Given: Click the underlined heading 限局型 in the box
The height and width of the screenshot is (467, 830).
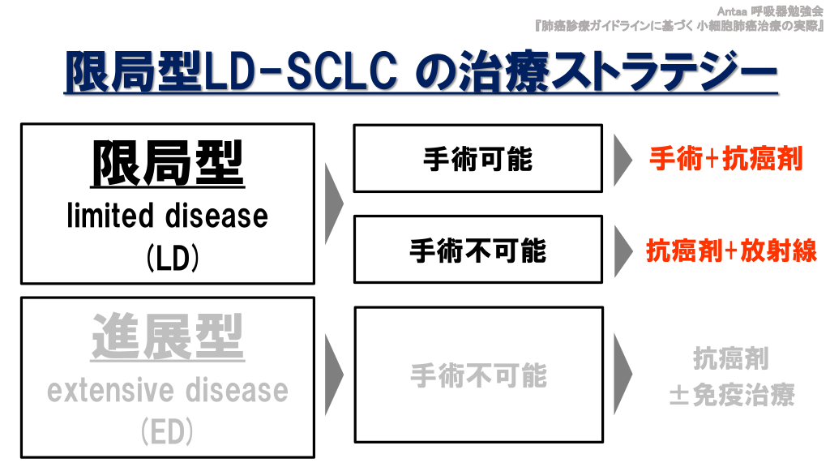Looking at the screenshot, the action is click(x=167, y=164).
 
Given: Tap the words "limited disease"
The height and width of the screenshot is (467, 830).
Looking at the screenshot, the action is click(x=167, y=216).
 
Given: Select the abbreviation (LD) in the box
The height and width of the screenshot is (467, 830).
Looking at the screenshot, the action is click(x=173, y=259).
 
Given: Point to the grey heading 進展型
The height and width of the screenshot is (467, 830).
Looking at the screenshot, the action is click(x=167, y=337).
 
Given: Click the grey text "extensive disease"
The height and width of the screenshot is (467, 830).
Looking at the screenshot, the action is click(x=167, y=390).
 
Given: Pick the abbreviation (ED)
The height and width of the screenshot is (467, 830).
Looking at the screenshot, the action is click(x=167, y=431).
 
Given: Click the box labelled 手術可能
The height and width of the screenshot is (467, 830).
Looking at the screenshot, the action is click(x=478, y=158).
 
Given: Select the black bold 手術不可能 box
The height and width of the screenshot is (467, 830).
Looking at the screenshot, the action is click(x=478, y=250).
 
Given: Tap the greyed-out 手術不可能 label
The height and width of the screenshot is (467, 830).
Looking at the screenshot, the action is click(x=478, y=375).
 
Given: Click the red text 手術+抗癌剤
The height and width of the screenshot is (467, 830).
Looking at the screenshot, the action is click(x=726, y=158).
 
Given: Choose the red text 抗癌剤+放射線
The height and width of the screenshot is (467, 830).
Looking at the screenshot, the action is click(x=732, y=251).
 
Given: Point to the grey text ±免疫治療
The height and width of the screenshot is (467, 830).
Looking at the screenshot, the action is click(x=732, y=395).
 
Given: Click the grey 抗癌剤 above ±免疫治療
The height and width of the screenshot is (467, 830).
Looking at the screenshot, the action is click(x=731, y=359).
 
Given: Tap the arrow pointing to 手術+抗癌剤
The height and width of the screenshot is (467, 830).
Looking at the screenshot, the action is click(x=622, y=160).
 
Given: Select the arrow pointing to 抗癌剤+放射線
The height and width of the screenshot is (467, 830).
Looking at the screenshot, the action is click(x=623, y=251).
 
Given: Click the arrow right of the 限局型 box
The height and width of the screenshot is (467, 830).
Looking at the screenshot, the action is click(x=333, y=204).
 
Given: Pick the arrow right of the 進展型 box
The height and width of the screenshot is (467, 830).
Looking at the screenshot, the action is click(x=333, y=375).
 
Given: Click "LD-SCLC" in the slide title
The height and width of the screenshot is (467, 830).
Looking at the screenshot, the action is click(x=300, y=71).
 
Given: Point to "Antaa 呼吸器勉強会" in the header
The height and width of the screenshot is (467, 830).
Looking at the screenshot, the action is click(x=770, y=11).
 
